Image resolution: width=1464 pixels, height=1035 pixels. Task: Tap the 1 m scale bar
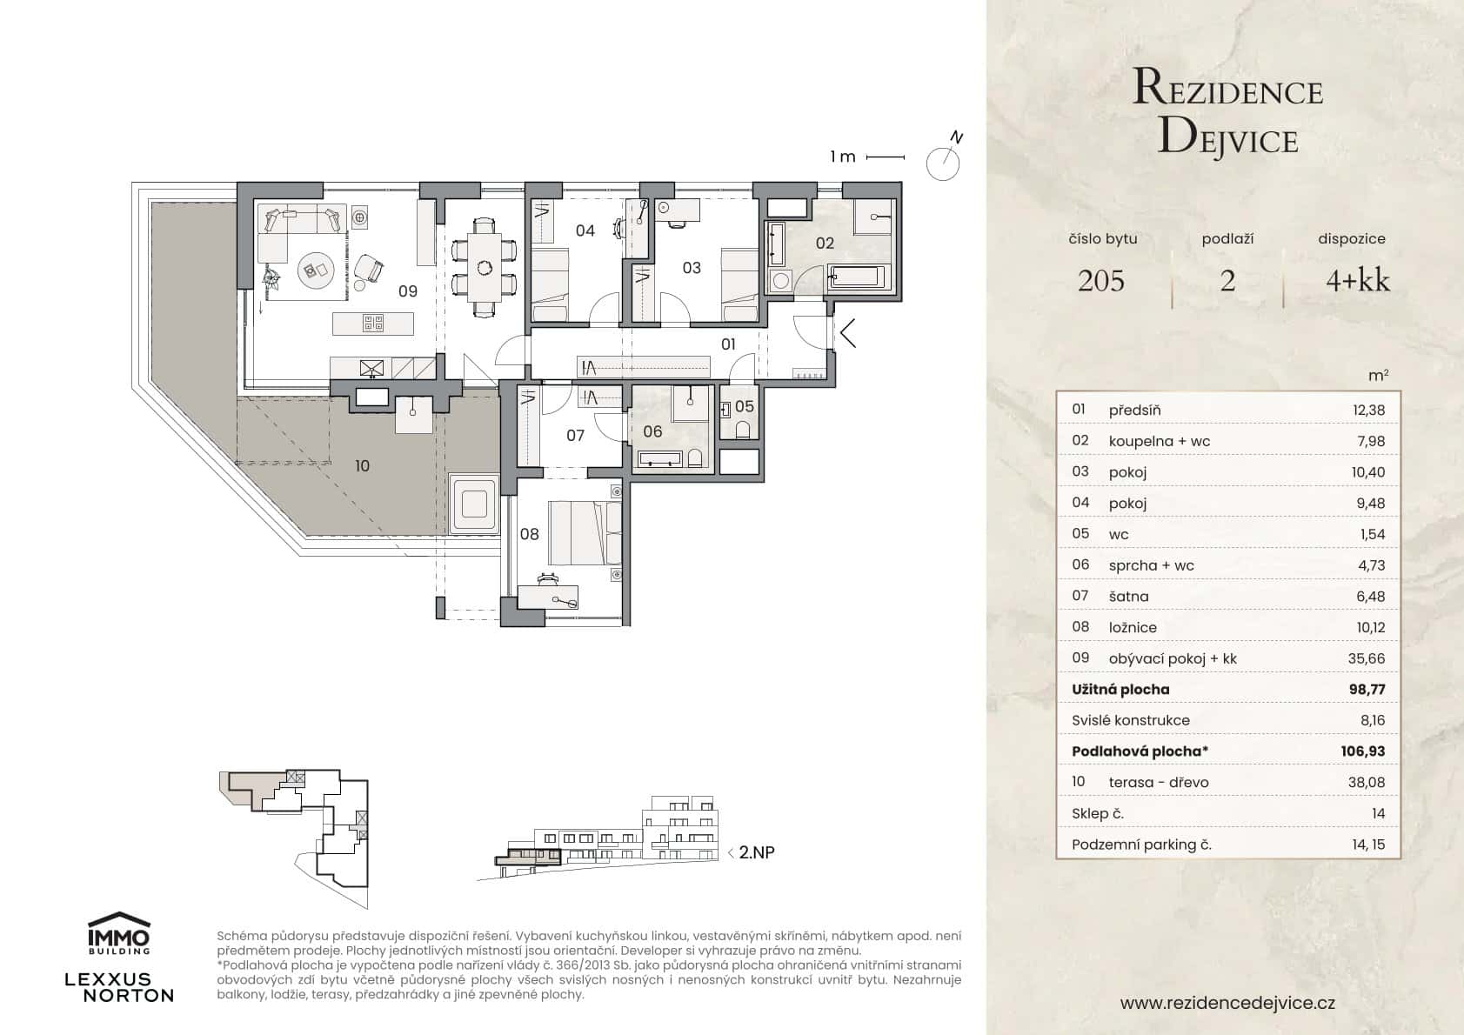[886, 157]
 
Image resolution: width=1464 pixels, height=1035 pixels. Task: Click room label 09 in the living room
[408, 291]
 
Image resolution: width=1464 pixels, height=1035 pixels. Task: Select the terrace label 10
[362, 466]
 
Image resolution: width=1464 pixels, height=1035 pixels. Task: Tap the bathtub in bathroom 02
[857, 277]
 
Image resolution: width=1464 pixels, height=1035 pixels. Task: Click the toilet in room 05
[742, 429]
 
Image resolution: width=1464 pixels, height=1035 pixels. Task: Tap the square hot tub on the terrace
[474, 505]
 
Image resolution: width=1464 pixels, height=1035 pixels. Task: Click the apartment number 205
[1100, 281]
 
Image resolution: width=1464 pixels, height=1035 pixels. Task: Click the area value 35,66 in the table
[1366, 658]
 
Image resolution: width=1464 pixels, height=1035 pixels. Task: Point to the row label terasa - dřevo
[1158, 783]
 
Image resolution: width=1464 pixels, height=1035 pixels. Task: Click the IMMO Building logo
[119, 933]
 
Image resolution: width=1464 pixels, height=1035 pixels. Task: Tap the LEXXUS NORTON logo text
[119, 987]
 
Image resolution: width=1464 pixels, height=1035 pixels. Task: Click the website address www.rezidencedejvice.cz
[1227, 1003]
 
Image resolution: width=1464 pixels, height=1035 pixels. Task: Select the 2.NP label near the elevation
[756, 852]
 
